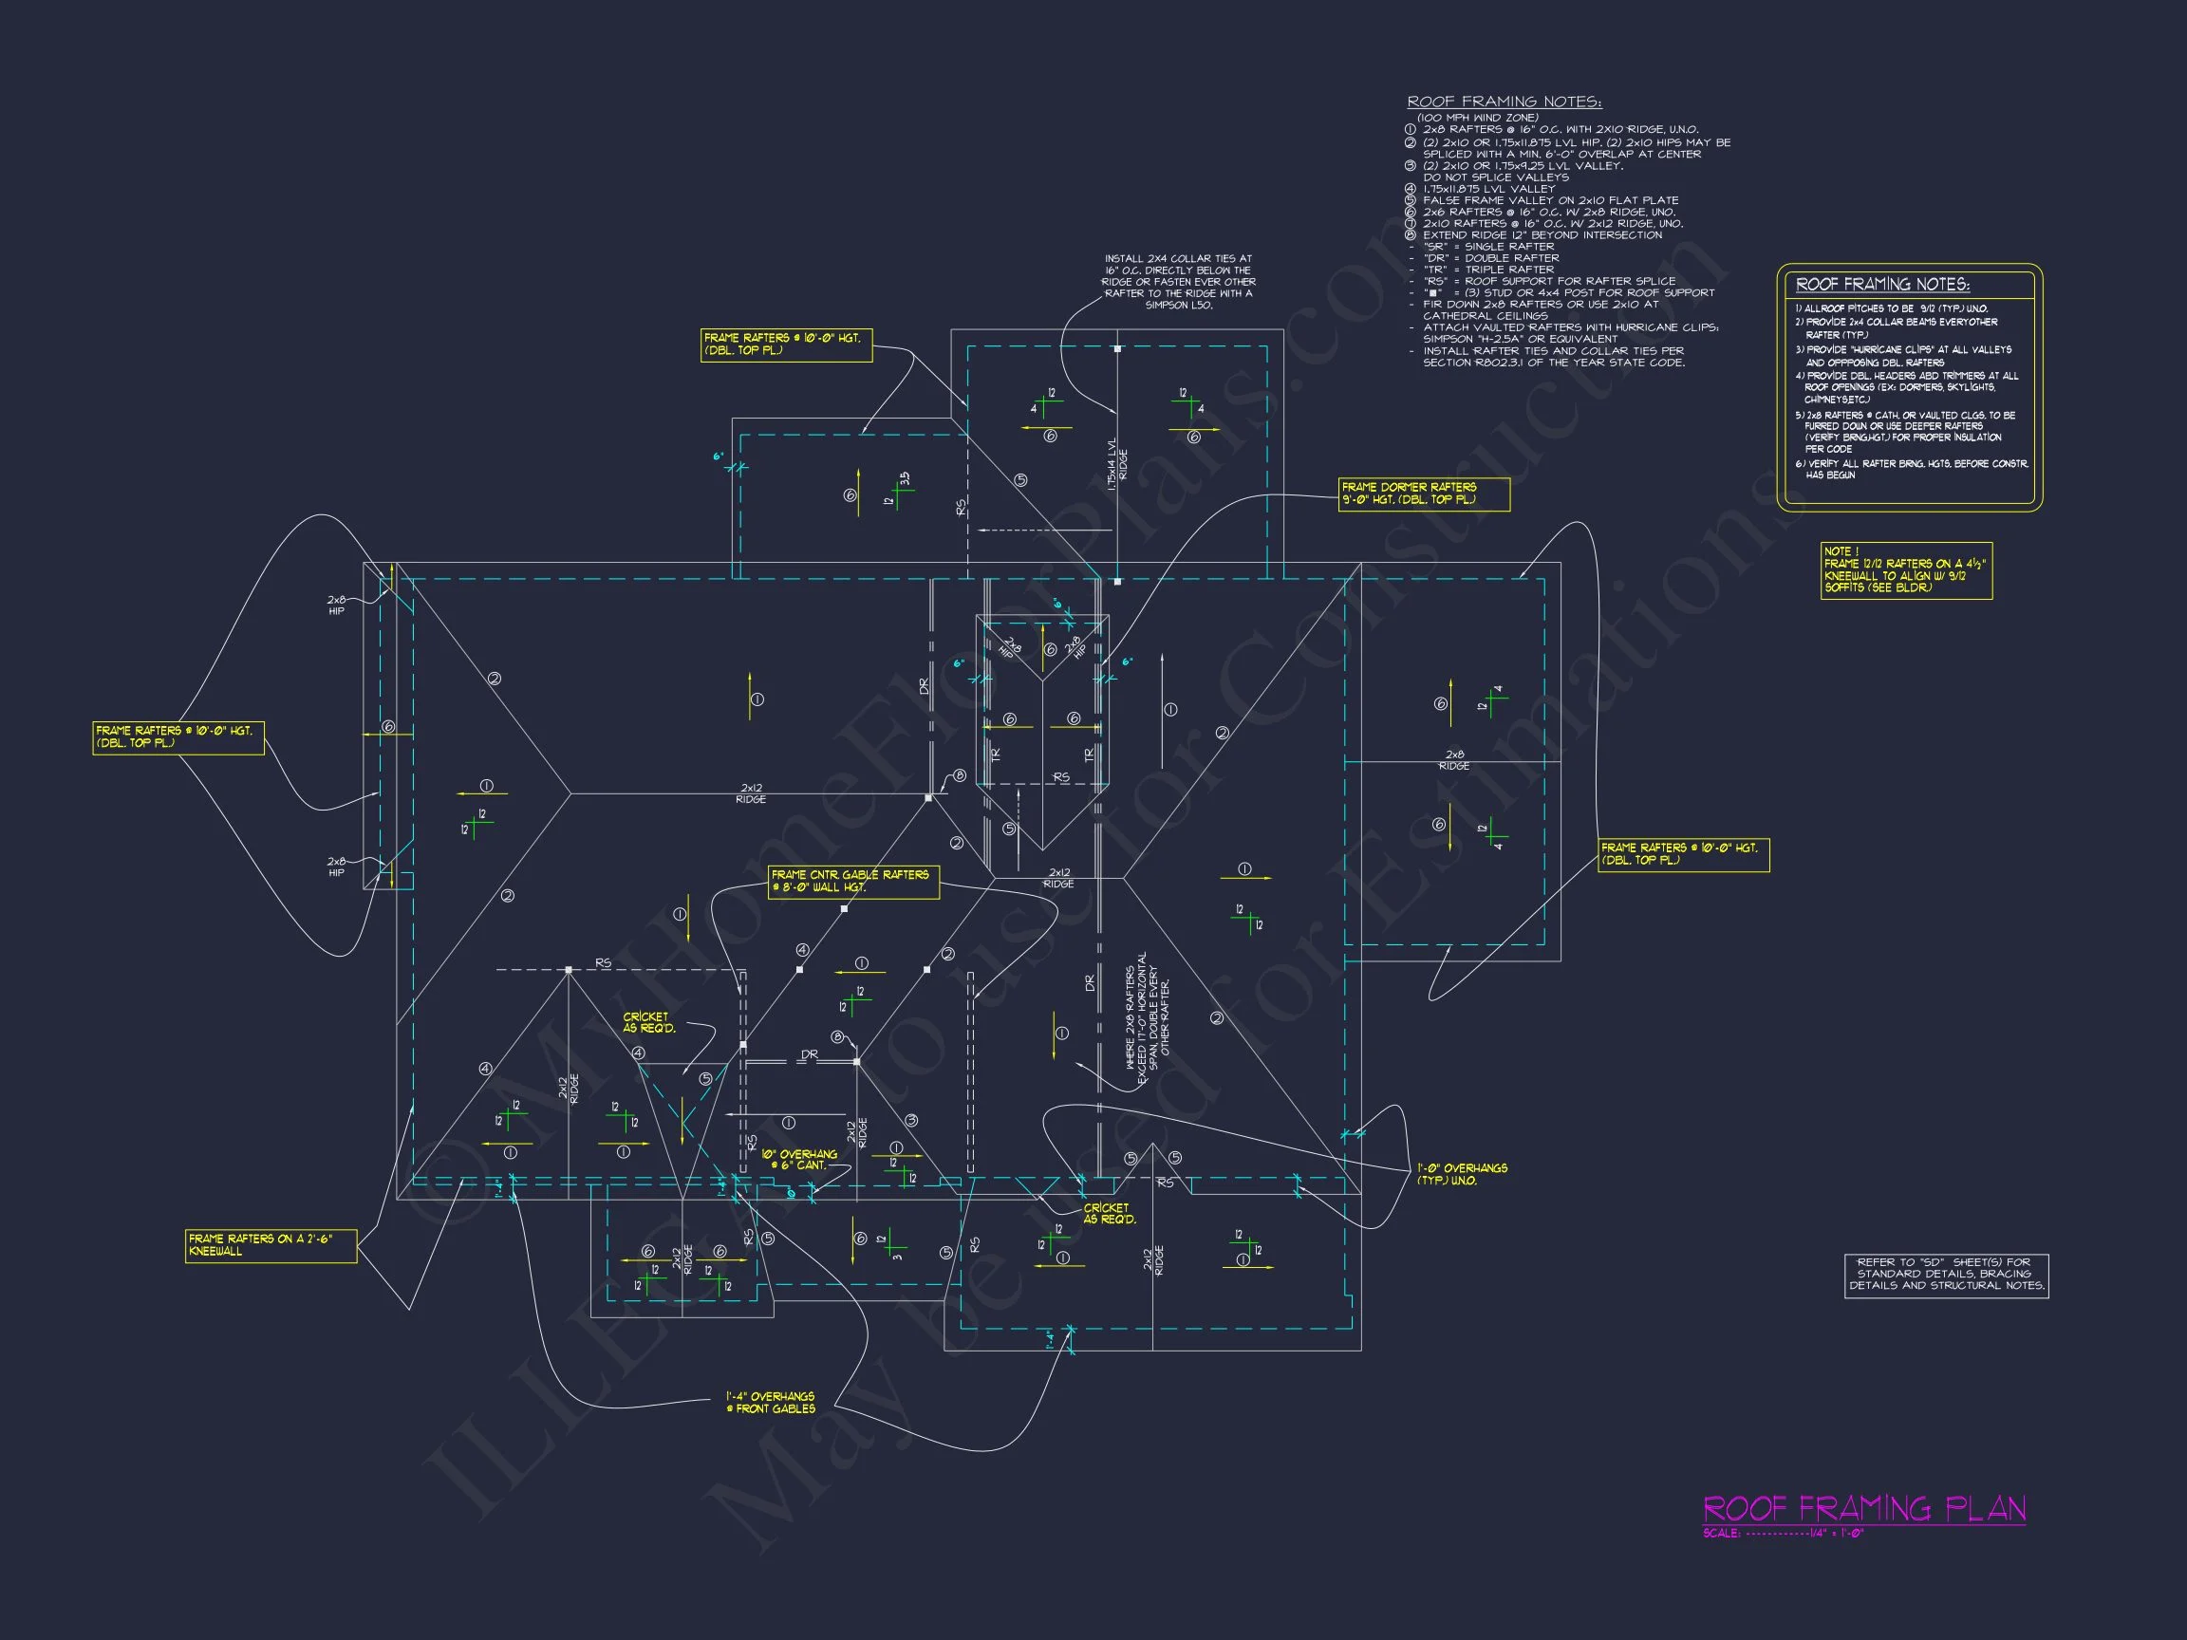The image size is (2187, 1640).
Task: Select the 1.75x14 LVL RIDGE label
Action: click(x=1116, y=464)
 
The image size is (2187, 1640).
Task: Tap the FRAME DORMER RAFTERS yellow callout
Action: click(x=1424, y=494)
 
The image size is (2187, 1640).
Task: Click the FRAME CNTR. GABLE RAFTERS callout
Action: click(x=853, y=882)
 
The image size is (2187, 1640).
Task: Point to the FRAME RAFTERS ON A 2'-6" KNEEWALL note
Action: click(x=271, y=1245)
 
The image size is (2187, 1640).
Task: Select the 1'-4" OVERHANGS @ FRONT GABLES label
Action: click(x=771, y=1403)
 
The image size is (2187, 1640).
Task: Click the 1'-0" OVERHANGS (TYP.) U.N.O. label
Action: click(x=1461, y=1174)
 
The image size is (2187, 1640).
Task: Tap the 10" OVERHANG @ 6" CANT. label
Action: click(x=800, y=1160)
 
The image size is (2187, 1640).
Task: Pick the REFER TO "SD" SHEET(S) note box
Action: click(x=1946, y=1275)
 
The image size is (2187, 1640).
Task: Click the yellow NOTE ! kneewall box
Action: click(x=1905, y=570)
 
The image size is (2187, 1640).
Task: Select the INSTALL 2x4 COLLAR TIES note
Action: click(x=1178, y=282)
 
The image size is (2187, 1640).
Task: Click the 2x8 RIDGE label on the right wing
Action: click(x=1453, y=760)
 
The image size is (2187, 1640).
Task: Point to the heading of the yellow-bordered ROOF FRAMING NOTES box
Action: click(x=1882, y=285)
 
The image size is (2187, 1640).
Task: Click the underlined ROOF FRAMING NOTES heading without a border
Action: click(x=1504, y=102)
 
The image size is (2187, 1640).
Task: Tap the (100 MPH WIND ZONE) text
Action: click(x=1477, y=118)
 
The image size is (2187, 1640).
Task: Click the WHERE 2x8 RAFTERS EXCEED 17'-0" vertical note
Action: click(x=1147, y=1018)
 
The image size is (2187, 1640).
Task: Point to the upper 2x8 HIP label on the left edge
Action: click(x=337, y=605)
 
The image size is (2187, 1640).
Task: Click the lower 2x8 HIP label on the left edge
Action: click(x=337, y=867)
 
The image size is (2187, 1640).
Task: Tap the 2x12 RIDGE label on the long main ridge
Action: click(x=751, y=793)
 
